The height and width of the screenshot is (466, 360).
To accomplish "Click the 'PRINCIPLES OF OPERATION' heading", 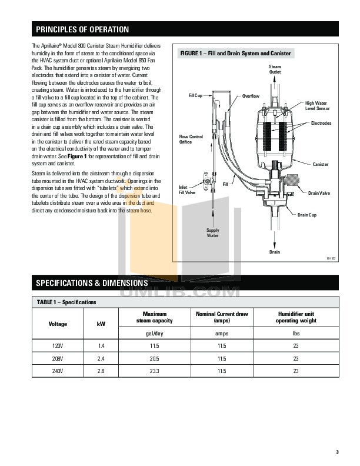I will (82, 29).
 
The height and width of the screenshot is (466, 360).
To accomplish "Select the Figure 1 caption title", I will (235, 54).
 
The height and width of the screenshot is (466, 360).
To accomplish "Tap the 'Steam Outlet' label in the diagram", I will (275, 69).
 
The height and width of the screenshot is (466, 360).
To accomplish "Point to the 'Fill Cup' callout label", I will (195, 94).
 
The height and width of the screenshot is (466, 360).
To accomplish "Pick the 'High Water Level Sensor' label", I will (316, 106).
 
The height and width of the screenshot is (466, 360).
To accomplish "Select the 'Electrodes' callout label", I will (321, 123).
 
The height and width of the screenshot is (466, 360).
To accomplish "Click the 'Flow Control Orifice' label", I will (191, 139).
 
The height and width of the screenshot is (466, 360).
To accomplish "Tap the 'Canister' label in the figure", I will (321, 164).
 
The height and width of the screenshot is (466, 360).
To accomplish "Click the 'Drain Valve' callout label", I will (319, 193).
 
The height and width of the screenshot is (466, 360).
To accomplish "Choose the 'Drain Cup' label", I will (306, 215).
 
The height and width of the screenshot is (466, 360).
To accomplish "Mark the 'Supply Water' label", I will (212, 233).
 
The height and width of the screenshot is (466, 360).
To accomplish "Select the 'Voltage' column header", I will (58, 324).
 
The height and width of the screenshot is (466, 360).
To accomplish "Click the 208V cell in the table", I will (58, 358).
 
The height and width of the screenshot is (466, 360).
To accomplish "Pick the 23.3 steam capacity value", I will (155, 371).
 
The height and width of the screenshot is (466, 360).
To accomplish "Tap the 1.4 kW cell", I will (101, 345).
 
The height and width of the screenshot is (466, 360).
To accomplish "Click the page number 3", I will (337, 452).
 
